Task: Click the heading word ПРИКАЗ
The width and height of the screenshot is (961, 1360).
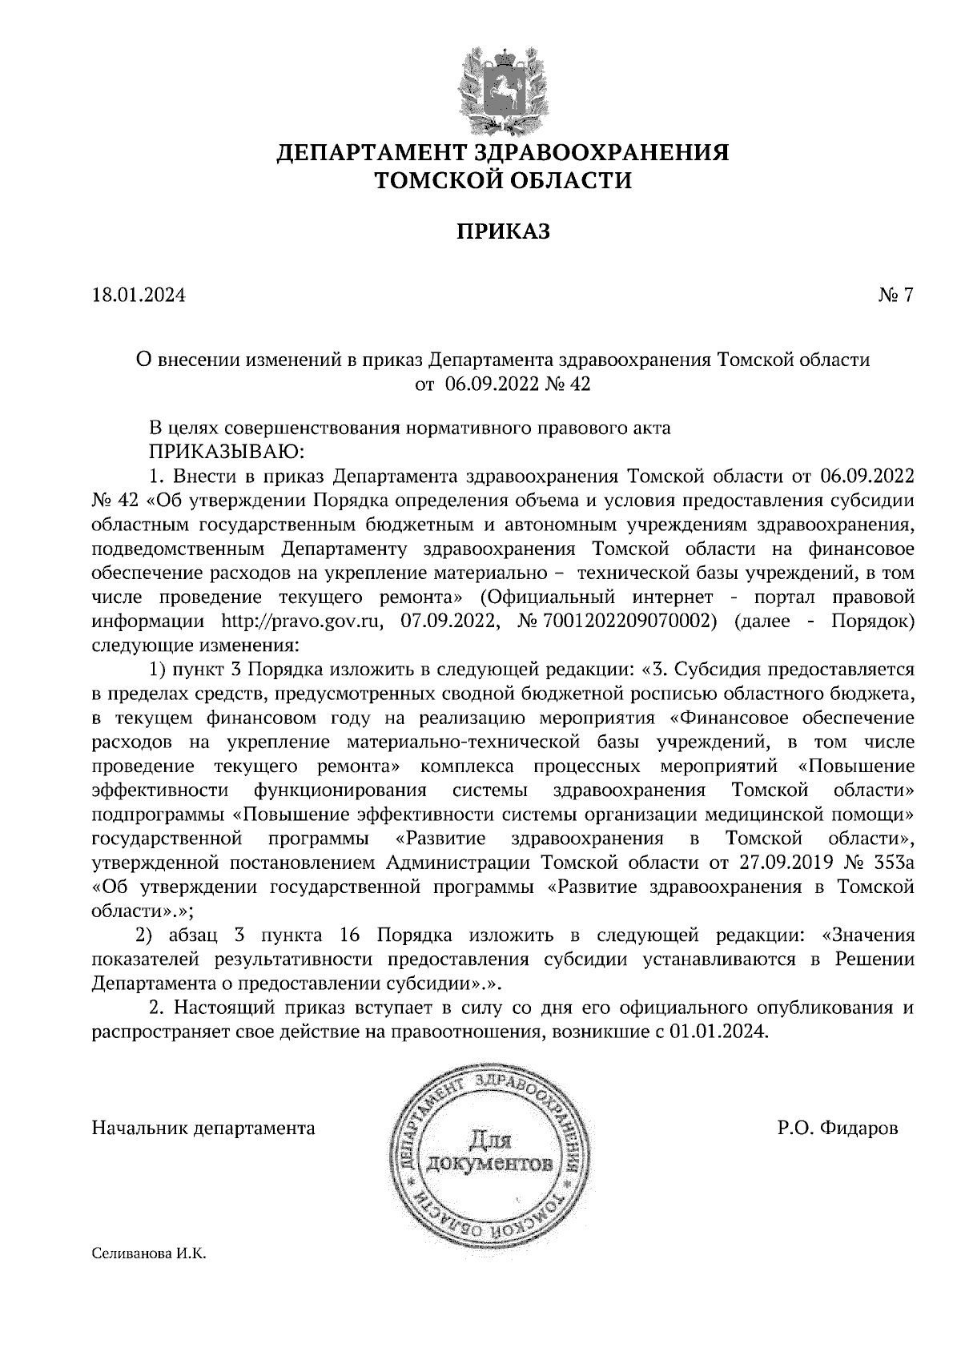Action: coord(504,232)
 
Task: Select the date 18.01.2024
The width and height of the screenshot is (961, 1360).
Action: coord(139,296)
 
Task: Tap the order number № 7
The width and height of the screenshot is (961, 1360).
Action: coord(895,296)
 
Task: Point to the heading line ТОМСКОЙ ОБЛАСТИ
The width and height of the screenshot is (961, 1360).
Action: coord(504,181)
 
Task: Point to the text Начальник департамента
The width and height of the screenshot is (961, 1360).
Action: coord(203,1129)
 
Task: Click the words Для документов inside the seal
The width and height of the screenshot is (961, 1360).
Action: coord(489,1150)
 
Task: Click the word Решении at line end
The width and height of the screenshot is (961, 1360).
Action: coord(874,960)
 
